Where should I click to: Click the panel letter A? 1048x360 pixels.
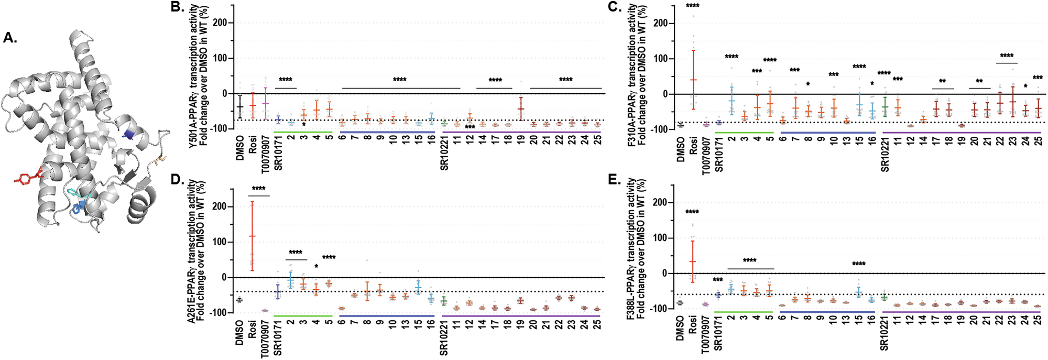pos(10,37)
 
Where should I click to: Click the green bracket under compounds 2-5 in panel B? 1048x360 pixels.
pos(303,132)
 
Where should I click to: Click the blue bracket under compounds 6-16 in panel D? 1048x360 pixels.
pos(387,316)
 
